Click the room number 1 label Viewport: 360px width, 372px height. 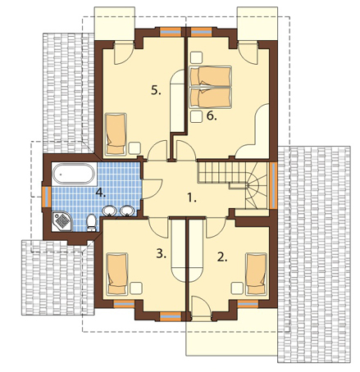click(192, 197)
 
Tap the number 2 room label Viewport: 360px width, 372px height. click(222, 257)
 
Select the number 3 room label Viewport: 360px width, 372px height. click(162, 254)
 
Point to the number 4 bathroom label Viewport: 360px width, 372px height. click(101, 193)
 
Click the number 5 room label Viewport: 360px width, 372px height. click(156, 90)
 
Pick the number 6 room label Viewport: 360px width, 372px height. click(212, 116)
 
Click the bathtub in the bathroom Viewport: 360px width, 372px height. click(74, 174)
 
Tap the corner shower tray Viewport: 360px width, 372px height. click(62, 220)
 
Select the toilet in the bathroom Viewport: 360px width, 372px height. click(91, 222)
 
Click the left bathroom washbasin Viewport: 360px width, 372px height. click(110, 211)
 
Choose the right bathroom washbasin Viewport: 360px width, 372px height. click(127, 211)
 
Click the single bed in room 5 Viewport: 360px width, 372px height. click(116, 134)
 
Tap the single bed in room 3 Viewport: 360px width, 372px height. click(117, 274)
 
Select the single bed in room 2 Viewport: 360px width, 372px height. click(256, 274)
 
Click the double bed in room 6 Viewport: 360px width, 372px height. click(211, 88)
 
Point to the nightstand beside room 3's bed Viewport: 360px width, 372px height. click(136, 288)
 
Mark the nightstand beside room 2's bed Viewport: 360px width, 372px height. click(237, 288)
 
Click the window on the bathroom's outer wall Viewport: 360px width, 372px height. click(47, 197)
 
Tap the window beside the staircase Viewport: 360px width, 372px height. click(273, 185)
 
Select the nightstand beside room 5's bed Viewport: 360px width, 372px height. click(134, 148)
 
